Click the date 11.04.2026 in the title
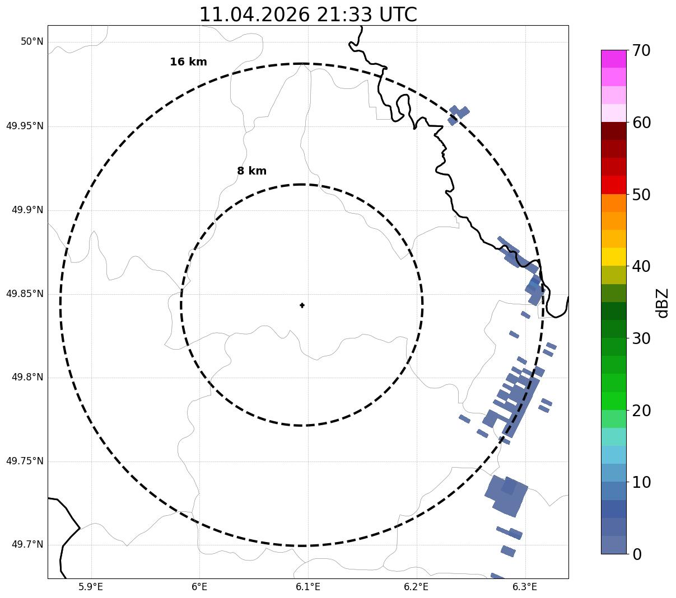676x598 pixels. coord(254,15)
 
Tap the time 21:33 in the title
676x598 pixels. coord(344,15)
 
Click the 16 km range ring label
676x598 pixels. coord(188,62)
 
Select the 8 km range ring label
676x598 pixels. coord(251,171)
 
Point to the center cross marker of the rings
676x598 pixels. coord(302,305)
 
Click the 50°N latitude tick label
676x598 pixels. coord(32,41)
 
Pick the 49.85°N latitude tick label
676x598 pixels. coord(25,294)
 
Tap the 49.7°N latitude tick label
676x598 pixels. coord(27,544)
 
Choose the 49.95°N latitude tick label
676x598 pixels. coord(25,126)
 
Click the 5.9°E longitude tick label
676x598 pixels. coord(91,586)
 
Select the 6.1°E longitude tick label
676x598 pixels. coord(308,586)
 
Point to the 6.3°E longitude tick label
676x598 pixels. coord(525,586)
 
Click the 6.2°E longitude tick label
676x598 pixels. coord(416,586)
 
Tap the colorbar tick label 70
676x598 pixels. coord(641,51)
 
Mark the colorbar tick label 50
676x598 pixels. coord(641,195)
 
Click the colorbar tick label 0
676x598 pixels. coord(637,554)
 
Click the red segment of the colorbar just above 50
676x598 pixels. coord(614,185)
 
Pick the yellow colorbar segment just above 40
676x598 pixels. coord(614,257)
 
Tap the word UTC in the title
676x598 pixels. coord(398,15)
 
